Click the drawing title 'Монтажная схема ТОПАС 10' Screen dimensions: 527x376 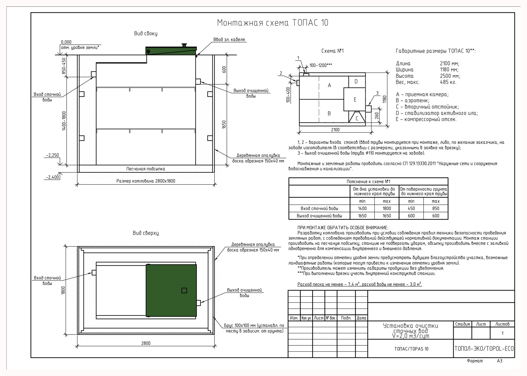pos(273,23)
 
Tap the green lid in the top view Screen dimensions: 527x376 pos(171,290)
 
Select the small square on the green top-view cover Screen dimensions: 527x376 pos(184,290)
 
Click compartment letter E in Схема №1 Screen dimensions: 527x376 pos(355,99)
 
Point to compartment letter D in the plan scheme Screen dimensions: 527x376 pos(356,81)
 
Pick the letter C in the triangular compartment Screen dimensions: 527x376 pos(357,118)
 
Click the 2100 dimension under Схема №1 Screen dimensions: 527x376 pos(335,130)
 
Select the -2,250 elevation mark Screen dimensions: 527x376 pos(52,155)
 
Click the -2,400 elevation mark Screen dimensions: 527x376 pos(52,177)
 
